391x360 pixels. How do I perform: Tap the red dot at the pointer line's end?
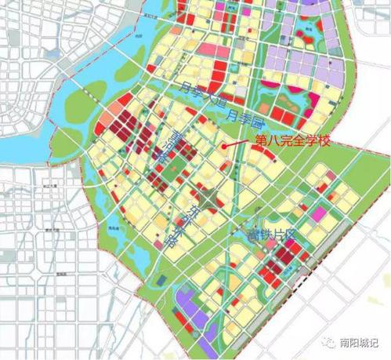point(226,145)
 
